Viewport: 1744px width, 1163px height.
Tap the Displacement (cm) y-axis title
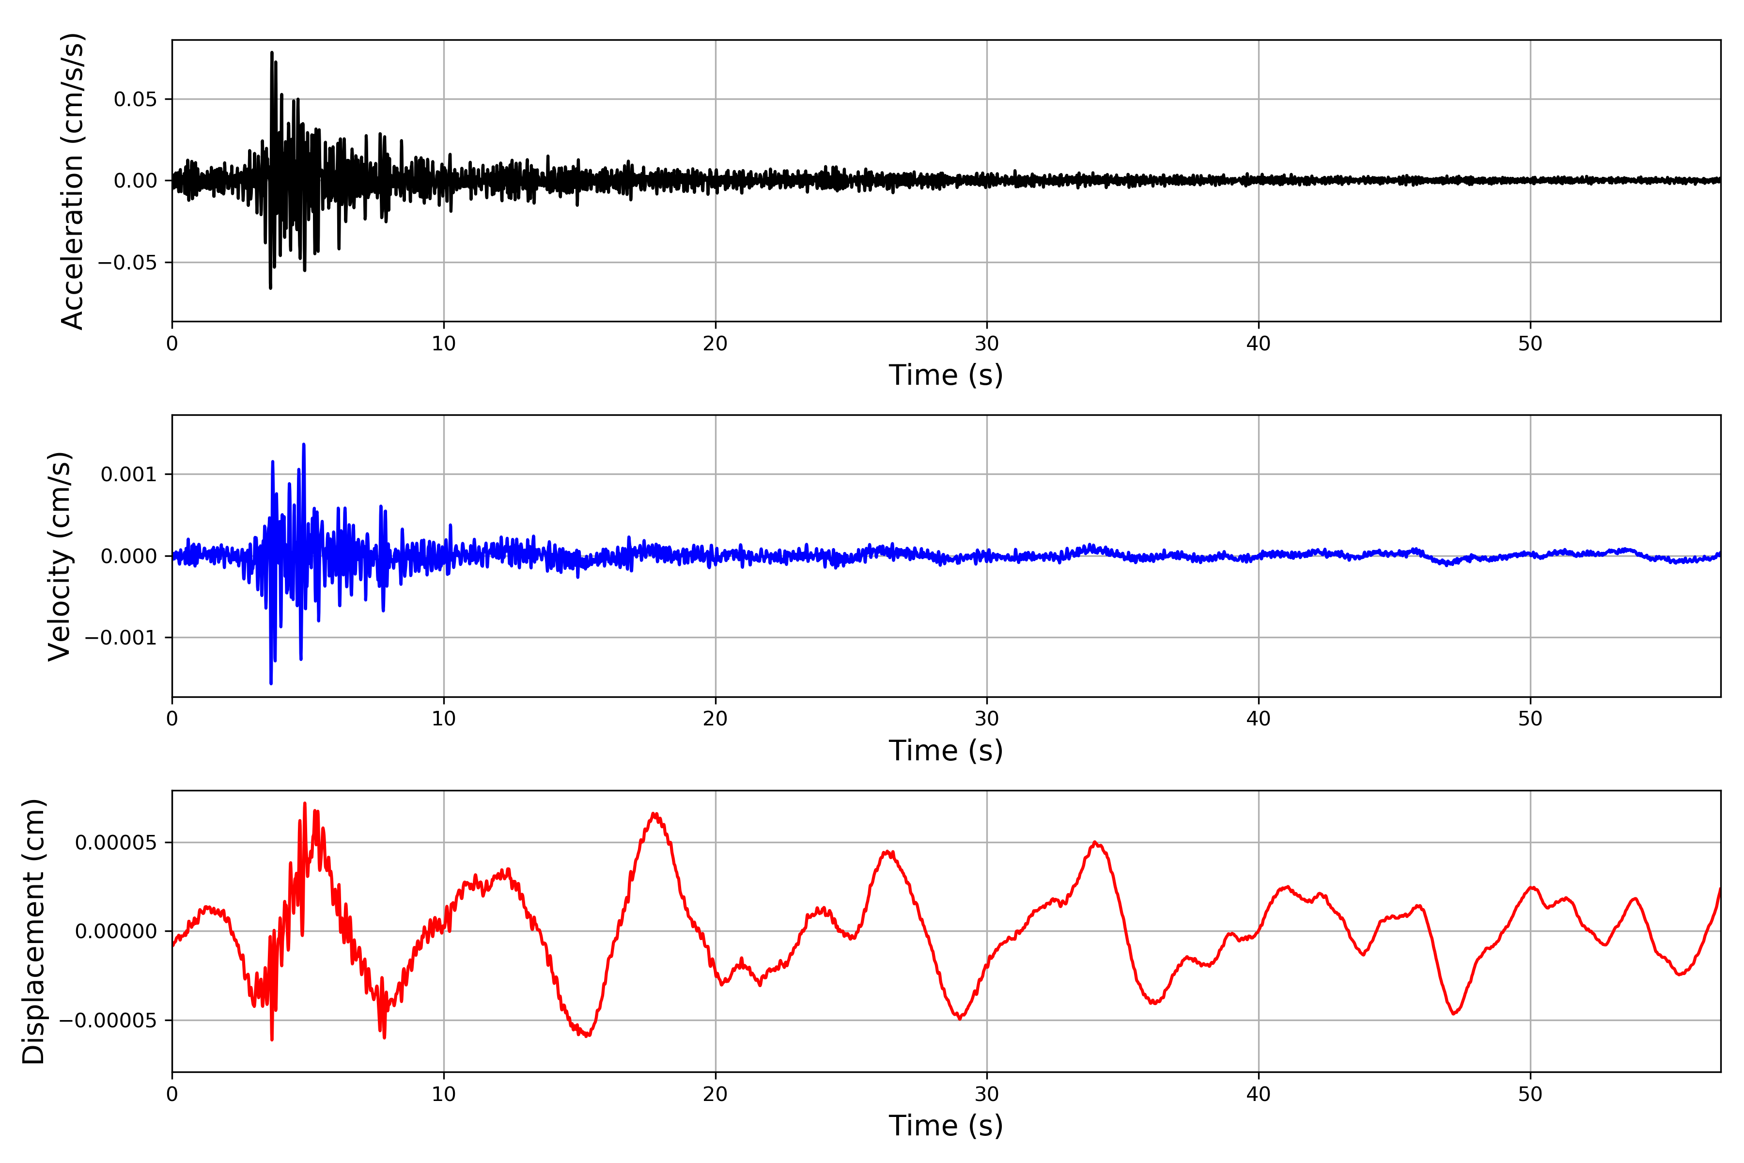pos(33,931)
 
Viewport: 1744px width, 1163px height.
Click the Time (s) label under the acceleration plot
pos(946,375)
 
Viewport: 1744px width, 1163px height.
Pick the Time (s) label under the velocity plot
pos(946,751)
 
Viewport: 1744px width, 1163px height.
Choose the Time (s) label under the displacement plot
pos(946,1126)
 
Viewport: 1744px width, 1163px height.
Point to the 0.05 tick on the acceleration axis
pos(136,99)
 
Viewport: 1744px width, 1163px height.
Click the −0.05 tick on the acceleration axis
pos(127,263)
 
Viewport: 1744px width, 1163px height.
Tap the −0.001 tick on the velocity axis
pos(121,638)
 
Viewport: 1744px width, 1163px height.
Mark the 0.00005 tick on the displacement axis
pos(116,843)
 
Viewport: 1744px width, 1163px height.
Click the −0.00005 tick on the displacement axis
pos(108,1021)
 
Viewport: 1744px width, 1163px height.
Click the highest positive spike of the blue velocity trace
pos(304,445)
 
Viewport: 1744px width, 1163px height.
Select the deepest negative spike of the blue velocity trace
pos(271,683)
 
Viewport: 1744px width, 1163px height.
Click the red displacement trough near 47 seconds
pos(1454,1014)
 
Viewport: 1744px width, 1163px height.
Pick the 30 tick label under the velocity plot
pos(987,719)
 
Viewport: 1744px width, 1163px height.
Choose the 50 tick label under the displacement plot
pos(1530,1094)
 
